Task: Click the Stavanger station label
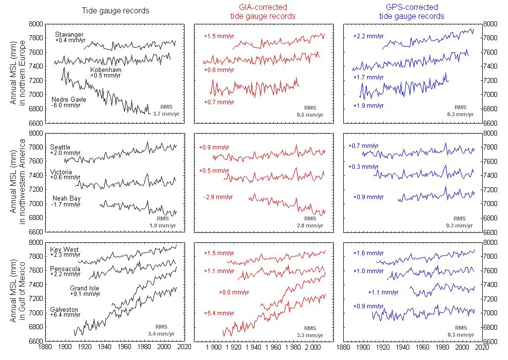[x=69, y=34]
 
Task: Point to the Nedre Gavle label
[x=68, y=99]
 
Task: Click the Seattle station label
[x=61, y=147]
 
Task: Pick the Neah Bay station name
[x=66, y=198]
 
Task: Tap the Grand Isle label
[x=84, y=288]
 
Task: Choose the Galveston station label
[x=64, y=309]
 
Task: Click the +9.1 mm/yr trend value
[x=85, y=294]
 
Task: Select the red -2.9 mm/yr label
[x=218, y=197]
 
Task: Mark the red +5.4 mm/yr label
[x=219, y=313]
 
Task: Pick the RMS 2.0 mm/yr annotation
[x=310, y=222]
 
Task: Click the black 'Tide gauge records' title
[x=115, y=11]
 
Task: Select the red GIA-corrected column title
[x=263, y=11]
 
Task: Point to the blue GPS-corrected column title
[x=412, y=11]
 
